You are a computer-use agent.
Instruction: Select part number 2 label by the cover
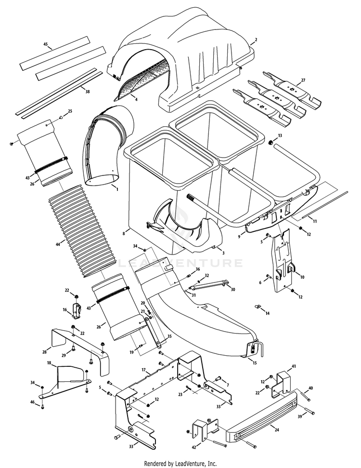256,40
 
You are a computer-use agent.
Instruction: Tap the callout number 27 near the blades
303,80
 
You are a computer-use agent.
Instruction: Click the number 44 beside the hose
58,245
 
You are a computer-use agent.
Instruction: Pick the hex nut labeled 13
271,144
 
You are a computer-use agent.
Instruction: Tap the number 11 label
315,221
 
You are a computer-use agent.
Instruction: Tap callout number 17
143,370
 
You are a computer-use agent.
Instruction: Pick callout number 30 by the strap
233,290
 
